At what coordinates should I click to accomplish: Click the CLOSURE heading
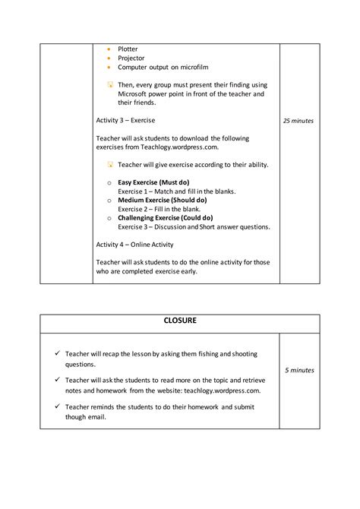[180, 321]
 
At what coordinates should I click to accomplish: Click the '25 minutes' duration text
[298, 121]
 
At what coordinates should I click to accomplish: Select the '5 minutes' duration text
[299, 370]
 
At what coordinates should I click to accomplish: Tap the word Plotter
[128, 49]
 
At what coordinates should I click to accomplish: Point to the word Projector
[131, 58]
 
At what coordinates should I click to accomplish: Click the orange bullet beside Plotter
[109, 49]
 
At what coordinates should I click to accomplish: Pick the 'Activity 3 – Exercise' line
[125, 120]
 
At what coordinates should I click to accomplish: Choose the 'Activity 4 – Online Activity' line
[134, 245]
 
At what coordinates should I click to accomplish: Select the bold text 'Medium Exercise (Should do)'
[159, 200]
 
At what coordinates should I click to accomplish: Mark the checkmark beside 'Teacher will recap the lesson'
[58, 354]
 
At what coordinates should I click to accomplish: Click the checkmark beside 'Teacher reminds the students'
[58, 406]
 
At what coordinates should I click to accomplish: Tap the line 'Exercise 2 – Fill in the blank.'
[159, 209]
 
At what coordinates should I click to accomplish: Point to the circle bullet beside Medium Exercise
[109, 201]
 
